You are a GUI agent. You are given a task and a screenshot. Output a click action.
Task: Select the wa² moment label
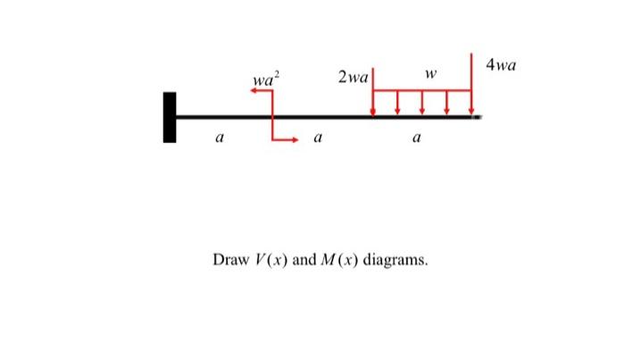pos(264,81)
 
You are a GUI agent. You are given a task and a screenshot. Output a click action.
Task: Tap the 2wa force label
pos(353,78)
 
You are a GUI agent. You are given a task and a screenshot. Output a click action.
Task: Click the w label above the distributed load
pos(430,73)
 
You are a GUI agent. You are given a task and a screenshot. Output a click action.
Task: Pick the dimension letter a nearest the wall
pos(219,138)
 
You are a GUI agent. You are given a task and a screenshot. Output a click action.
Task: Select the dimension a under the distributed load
pos(416,138)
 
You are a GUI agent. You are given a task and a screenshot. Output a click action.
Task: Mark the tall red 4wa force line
pos(471,76)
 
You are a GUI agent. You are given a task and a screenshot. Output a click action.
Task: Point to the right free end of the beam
pos(479,116)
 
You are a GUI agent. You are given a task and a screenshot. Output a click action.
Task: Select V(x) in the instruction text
pos(271,261)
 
